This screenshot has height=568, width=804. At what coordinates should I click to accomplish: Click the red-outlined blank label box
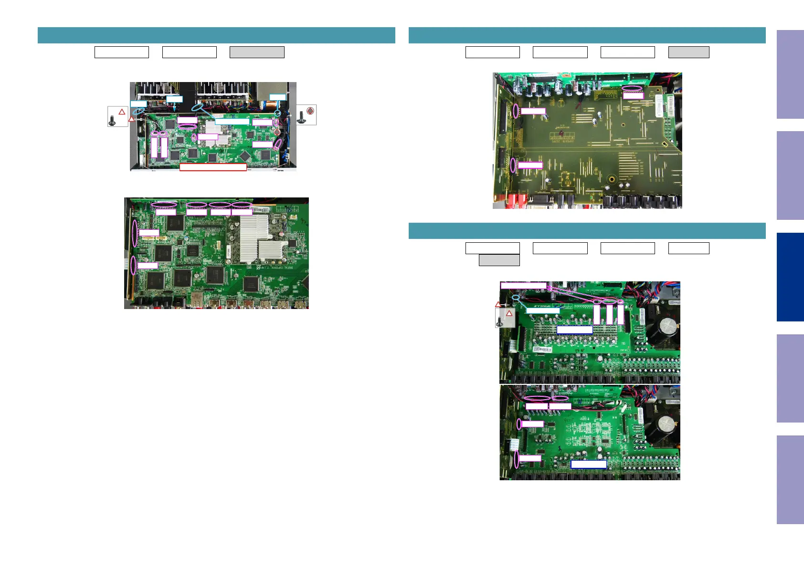(213, 167)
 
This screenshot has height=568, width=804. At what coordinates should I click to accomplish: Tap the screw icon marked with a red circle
(306, 115)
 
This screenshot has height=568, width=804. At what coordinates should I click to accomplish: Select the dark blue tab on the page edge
(790, 277)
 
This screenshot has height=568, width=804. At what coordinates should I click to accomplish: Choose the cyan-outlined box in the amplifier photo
(542, 310)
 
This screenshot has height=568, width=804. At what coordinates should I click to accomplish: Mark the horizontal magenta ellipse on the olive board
(633, 88)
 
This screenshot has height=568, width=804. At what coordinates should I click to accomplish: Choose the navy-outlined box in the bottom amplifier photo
(588, 464)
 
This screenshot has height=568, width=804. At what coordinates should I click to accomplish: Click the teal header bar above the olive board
(587, 36)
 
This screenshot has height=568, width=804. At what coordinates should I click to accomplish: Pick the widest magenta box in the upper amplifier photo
(523, 285)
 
